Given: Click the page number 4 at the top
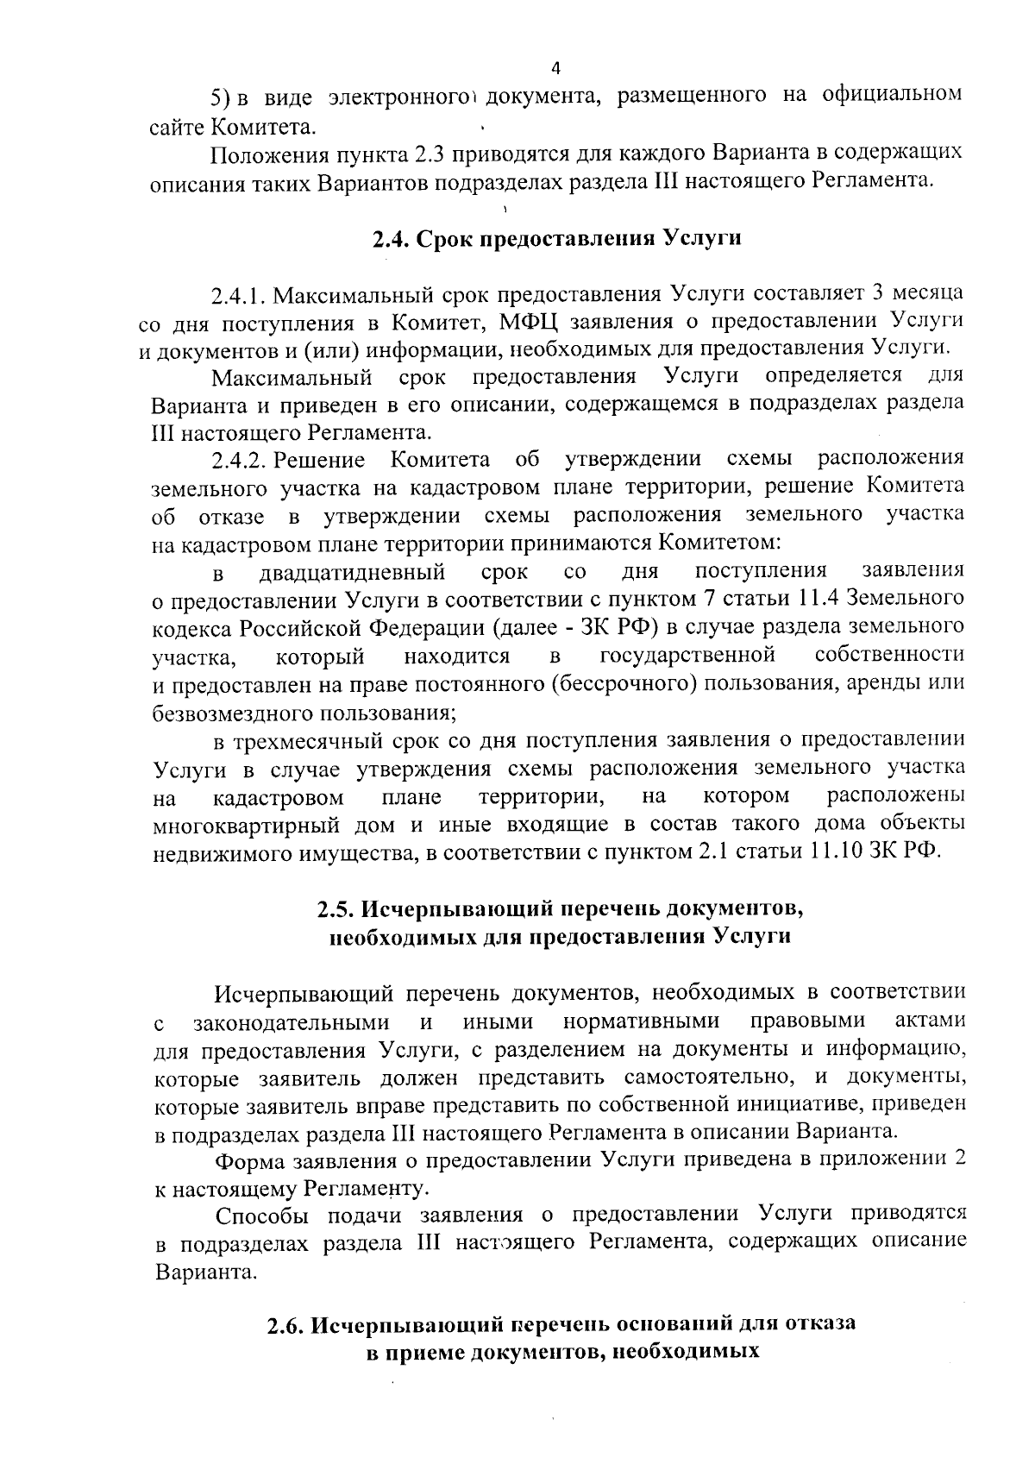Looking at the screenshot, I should pyautogui.click(x=555, y=68).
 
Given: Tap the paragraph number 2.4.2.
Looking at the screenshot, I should pyautogui.click(x=241, y=459).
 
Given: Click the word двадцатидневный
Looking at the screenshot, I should pyautogui.click(x=352, y=572).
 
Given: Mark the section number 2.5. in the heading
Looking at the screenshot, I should pyautogui.click(x=335, y=909).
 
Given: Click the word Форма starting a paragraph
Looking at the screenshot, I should pyautogui.click(x=248, y=1160).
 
